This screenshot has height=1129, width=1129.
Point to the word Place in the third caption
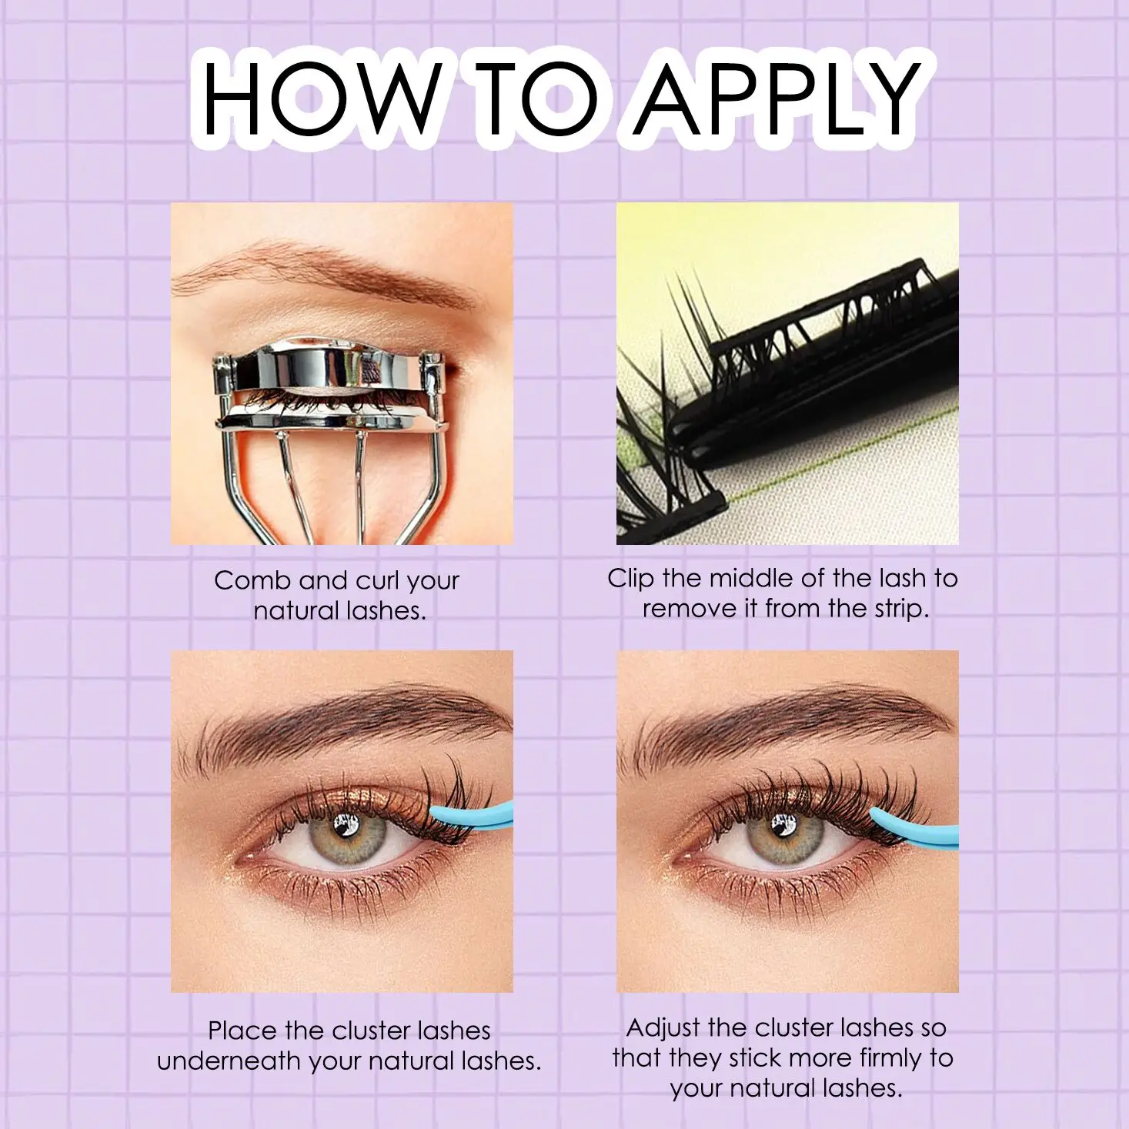(242, 1030)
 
